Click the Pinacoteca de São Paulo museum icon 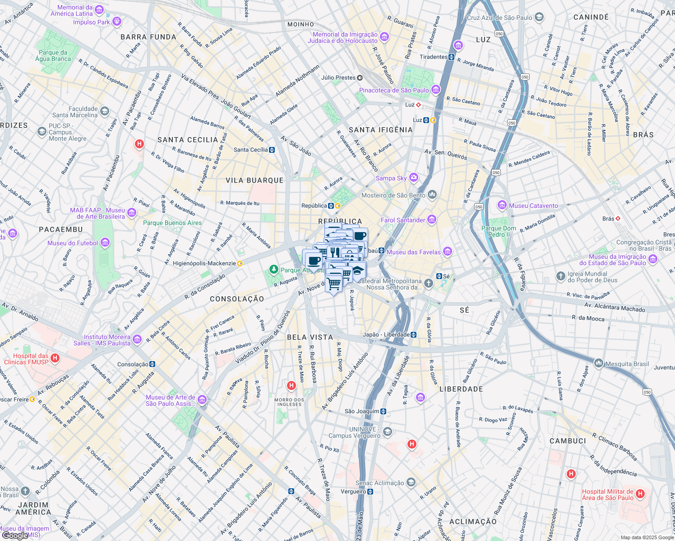435,90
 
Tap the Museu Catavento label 533,206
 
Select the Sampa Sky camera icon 414,178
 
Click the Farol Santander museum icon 432,220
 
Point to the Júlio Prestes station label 338,78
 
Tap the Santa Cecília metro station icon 272,150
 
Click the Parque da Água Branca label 53,55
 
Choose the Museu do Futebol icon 105,243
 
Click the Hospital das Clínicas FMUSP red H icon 55,358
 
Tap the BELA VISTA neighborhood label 310,337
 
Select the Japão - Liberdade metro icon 414,335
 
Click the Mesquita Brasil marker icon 599,363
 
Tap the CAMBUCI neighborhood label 568,441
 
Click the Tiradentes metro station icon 451,57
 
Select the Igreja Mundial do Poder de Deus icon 560,276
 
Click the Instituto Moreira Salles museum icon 137,339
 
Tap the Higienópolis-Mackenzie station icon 240,263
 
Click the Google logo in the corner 15,536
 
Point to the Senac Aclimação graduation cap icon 411,483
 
